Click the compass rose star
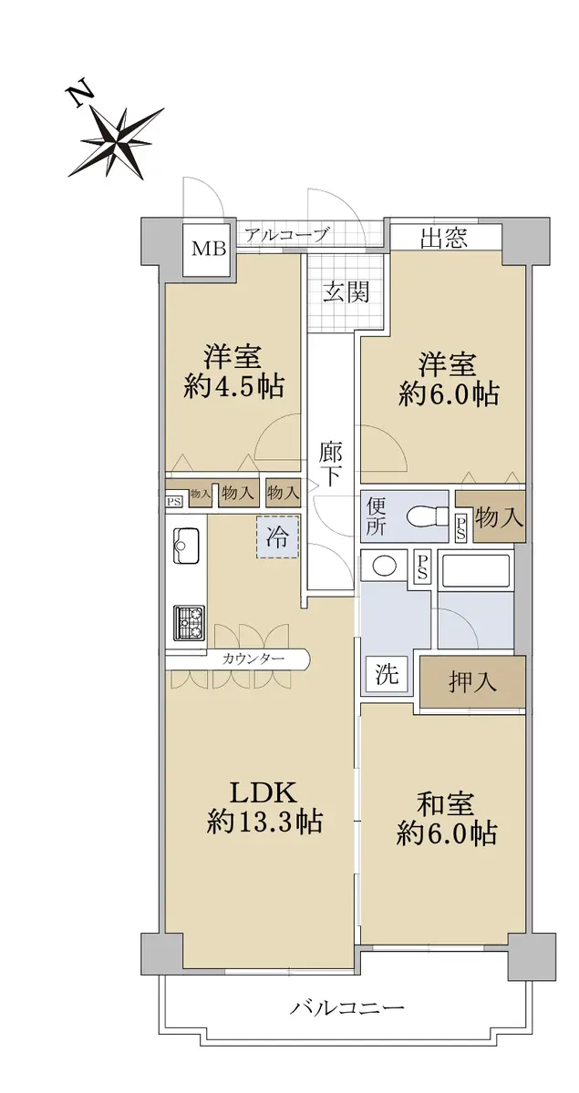click(119, 141)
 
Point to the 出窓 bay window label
click(444, 238)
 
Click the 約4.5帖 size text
click(233, 387)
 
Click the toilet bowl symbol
click(427, 516)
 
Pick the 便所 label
click(376, 516)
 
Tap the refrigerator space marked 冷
click(277, 537)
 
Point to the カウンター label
click(253, 659)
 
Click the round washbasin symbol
click(385, 566)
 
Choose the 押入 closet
click(472, 680)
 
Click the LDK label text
click(263, 793)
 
